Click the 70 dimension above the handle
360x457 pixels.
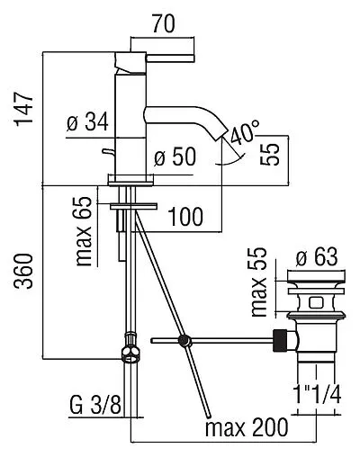point(163,24)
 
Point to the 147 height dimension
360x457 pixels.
point(24,110)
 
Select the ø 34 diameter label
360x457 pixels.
point(87,122)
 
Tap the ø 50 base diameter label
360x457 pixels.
point(175,157)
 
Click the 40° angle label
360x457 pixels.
point(245,132)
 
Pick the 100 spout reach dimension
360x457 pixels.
point(185,217)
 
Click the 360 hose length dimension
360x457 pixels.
point(24,272)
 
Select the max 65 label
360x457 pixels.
point(83,231)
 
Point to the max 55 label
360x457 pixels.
point(258,282)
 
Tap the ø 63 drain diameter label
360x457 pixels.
point(317,257)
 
